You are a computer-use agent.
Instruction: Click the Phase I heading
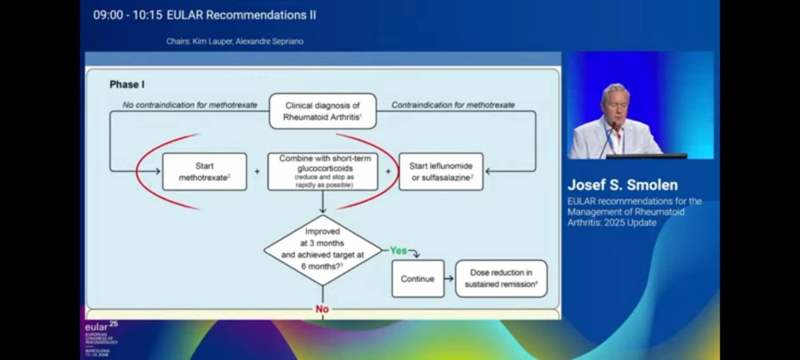click(x=127, y=85)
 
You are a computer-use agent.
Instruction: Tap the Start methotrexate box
click(x=204, y=171)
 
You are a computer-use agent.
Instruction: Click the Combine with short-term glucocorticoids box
click(x=323, y=171)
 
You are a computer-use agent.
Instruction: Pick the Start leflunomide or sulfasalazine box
click(x=441, y=171)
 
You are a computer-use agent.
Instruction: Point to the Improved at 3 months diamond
click(x=323, y=250)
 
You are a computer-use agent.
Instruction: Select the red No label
click(x=323, y=310)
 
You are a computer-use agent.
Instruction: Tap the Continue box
click(x=417, y=279)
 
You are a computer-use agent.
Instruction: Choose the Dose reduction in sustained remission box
click(x=501, y=279)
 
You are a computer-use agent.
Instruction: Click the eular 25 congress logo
click(x=100, y=337)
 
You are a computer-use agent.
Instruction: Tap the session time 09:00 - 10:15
click(x=127, y=15)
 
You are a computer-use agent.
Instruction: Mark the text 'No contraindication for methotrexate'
click(x=190, y=105)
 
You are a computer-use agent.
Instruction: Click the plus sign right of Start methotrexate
click(x=257, y=171)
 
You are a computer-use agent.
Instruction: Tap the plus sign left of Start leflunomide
click(x=389, y=171)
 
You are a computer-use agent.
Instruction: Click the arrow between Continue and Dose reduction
click(x=450, y=279)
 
